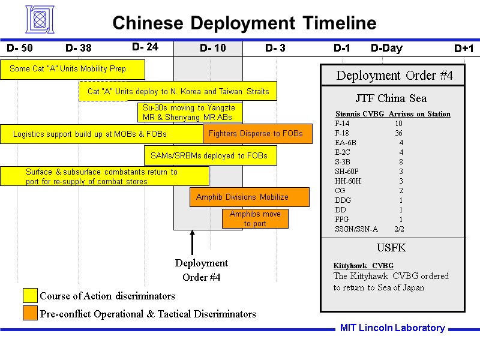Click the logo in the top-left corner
[x=44, y=19]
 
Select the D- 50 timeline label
[x=20, y=48]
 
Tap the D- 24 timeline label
[x=145, y=47]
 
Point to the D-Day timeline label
[x=386, y=48]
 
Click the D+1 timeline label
[x=464, y=49]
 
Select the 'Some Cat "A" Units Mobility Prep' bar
[x=72, y=69]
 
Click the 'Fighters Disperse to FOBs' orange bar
[x=257, y=134]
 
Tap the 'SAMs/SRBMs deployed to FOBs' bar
[x=210, y=156]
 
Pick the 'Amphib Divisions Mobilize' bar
[x=249, y=197]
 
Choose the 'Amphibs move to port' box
[x=255, y=218]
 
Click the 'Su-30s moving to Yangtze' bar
[x=190, y=112]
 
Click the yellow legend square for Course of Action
[x=30, y=296]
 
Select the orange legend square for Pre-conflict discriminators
[x=30, y=313]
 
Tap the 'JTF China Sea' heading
[x=391, y=98]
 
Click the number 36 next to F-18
[x=398, y=133]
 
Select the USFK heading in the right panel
[x=392, y=248]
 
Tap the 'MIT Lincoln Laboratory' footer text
[x=392, y=328]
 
